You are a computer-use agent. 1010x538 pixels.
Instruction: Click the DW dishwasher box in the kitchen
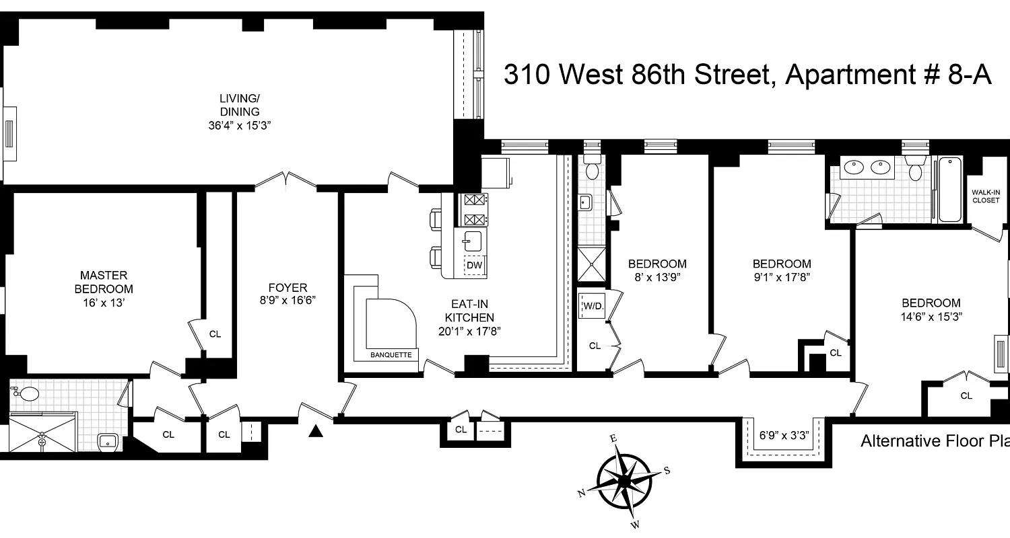[x=475, y=266]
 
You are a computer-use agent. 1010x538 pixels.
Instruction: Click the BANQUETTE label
[x=391, y=355]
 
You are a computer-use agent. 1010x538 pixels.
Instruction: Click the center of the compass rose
[x=624, y=480]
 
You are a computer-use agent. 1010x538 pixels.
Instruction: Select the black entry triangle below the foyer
[x=314, y=431]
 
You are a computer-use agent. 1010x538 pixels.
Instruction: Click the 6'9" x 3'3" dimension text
[x=784, y=435]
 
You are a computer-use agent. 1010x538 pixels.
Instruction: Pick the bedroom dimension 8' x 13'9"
[x=657, y=276]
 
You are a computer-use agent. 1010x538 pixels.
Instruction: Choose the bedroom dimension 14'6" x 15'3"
[x=932, y=316]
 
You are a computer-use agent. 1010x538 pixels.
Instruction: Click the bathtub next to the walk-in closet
[x=949, y=190]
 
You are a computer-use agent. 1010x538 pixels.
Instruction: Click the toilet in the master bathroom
[x=28, y=394]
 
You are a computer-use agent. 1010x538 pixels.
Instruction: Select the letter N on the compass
[x=581, y=493]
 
